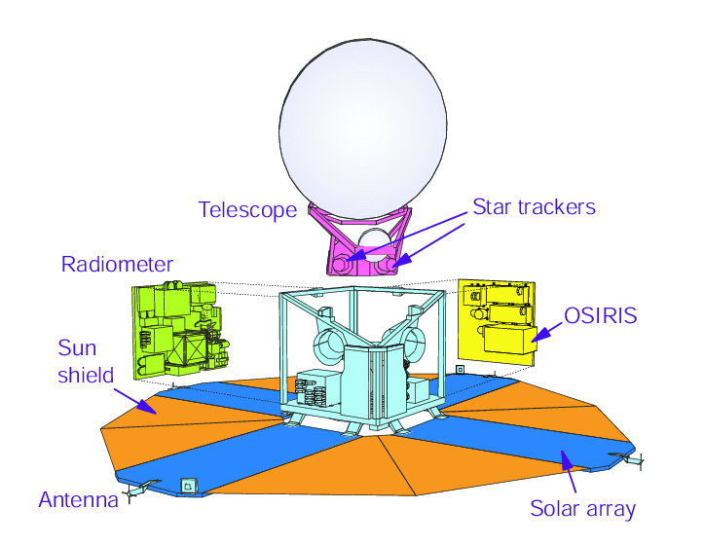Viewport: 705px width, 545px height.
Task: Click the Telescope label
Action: click(247, 210)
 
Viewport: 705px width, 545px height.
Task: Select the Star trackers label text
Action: click(534, 206)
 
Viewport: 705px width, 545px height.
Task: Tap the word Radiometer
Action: click(117, 265)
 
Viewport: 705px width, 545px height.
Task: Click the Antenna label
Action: click(77, 500)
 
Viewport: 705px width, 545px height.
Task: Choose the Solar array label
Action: click(582, 508)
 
